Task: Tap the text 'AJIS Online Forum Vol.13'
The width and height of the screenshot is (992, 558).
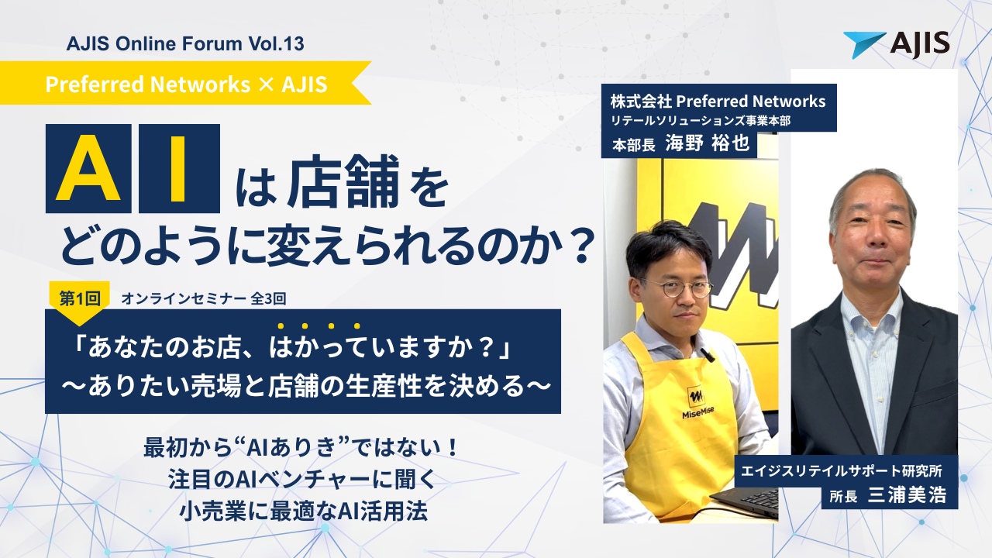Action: pyautogui.click(x=185, y=44)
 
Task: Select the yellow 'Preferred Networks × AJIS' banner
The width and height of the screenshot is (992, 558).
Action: pyautogui.click(x=186, y=84)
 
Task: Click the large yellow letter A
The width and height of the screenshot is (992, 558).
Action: pyautogui.click(x=88, y=168)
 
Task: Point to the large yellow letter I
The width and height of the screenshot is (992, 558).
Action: pyautogui.click(x=180, y=168)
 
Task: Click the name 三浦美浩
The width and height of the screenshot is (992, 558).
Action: pyautogui.click(x=907, y=494)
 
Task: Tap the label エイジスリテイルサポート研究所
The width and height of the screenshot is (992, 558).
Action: pyautogui.click(x=845, y=470)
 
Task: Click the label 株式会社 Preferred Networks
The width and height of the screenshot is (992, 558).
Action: pyautogui.click(x=718, y=101)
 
